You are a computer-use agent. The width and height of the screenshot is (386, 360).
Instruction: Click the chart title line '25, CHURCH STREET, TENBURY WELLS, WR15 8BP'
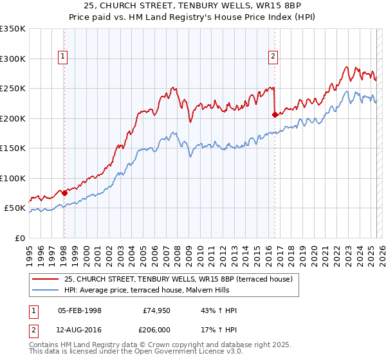193,6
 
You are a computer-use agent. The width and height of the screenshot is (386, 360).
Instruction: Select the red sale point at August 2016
275,114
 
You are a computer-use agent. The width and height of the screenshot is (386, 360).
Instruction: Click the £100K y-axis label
14,178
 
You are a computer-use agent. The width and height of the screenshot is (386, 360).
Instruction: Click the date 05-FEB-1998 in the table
80,310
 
